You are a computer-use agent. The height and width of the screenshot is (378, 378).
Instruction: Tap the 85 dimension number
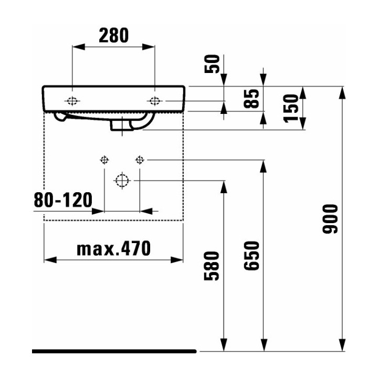pyautogui.click(x=254, y=100)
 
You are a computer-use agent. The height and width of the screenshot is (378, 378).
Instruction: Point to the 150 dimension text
pyautogui.click(x=291, y=108)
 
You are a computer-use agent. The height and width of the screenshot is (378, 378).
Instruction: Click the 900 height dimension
pyautogui.click(x=331, y=218)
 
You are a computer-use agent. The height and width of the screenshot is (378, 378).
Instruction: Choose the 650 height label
pyautogui.click(x=253, y=256)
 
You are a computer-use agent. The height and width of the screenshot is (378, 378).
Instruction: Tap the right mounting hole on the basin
pyautogui.click(x=155, y=101)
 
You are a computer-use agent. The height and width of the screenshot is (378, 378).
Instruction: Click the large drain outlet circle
pyautogui.click(x=122, y=181)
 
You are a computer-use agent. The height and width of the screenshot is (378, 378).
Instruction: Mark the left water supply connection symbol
pyautogui.click(x=104, y=159)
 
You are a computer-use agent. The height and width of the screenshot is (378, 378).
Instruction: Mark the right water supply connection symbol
pyautogui.click(x=140, y=159)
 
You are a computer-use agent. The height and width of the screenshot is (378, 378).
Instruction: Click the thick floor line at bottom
pyautogui.click(x=113, y=351)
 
